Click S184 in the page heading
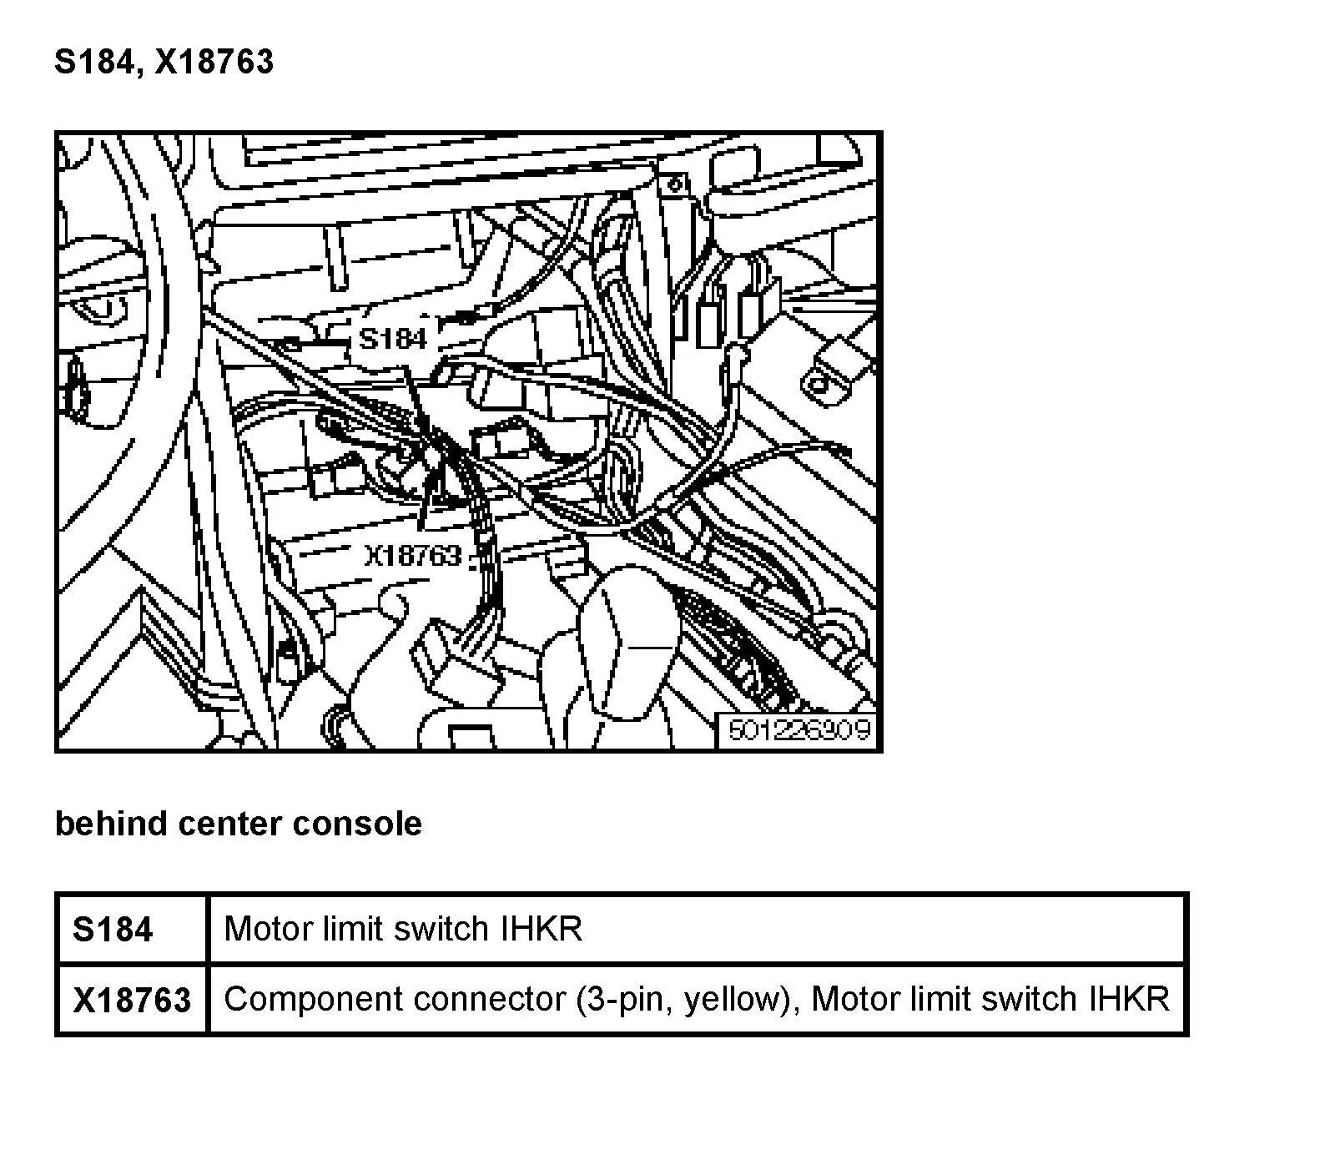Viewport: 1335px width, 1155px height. [94, 63]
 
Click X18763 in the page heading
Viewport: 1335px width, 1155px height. [214, 63]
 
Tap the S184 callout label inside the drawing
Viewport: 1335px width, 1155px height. [392, 339]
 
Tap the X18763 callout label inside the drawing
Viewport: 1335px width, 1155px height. [412, 555]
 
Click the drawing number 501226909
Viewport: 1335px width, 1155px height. [799, 730]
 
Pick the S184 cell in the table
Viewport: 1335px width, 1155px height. [113, 929]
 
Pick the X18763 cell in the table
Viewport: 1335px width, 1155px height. [132, 1000]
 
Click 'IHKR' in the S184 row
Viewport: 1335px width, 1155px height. [541, 928]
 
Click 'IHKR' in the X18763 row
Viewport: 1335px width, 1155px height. [1128, 999]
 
